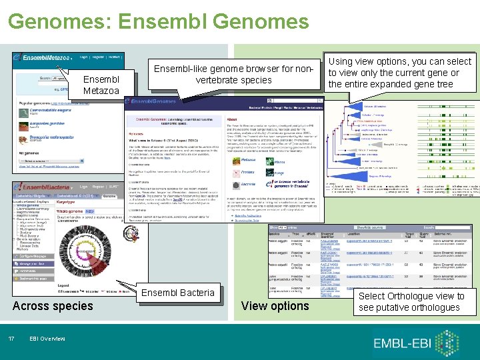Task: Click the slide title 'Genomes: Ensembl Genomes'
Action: (x=159, y=21)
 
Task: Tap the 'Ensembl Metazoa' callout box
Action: (x=101, y=85)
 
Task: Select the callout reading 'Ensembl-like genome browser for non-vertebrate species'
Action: (x=233, y=75)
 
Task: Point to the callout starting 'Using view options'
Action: (x=399, y=73)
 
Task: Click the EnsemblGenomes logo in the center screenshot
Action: (x=152, y=101)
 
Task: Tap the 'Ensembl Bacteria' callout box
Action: (x=178, y=293)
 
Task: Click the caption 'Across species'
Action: (x=53, y=306)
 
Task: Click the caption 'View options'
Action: (x=275, y=306)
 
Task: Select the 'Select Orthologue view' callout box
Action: (x=411, y=301)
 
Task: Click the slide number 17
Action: (x=11, y=339)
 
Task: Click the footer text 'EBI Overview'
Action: (x=47, y=339)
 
